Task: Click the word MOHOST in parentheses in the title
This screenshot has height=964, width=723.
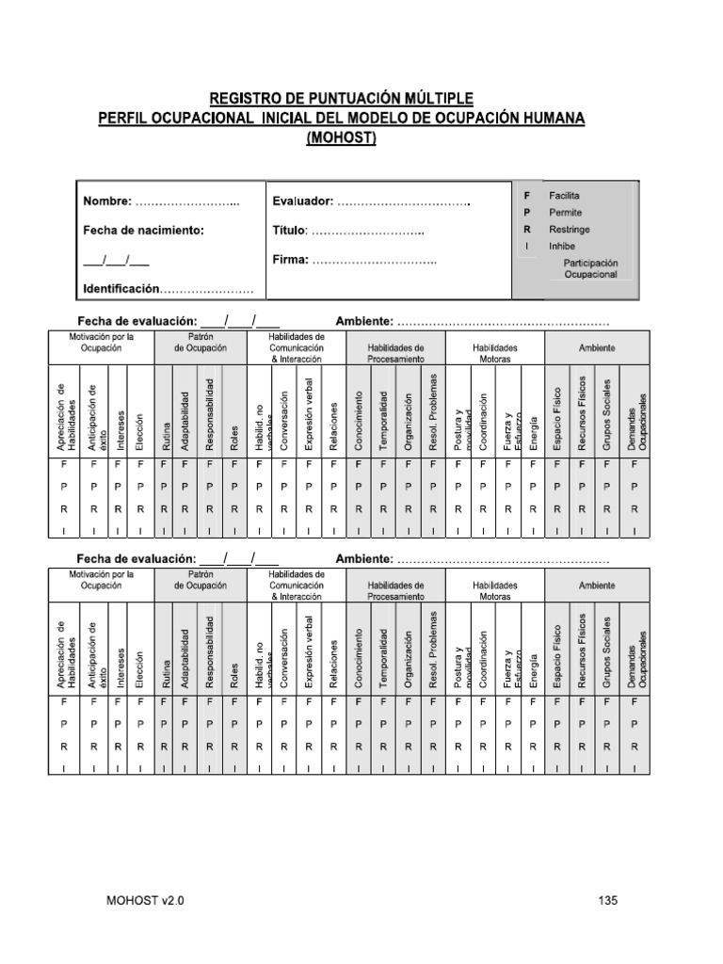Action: [x=342, y=138]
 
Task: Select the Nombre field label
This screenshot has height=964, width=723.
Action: [x=107, y=201]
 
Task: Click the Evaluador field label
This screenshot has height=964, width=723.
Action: [x=302, y=201]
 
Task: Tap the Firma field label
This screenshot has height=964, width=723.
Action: [x=290, y=260]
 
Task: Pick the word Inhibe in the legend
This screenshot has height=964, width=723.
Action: [x=562, y=246]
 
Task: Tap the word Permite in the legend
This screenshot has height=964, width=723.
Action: [x=566, y=212]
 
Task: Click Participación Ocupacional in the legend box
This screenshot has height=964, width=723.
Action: [x=590, y=268]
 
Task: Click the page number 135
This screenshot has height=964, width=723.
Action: [x=607, y=901]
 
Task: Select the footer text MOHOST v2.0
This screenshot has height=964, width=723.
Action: [x=146, y=901]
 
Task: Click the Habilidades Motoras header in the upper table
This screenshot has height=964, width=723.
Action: [x=495, y=353]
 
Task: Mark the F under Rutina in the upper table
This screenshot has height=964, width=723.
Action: [x=164, y=464]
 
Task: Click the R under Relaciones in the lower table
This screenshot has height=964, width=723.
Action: [x=334, y=747]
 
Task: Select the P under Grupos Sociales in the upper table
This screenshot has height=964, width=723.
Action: [x=608, y=486]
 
